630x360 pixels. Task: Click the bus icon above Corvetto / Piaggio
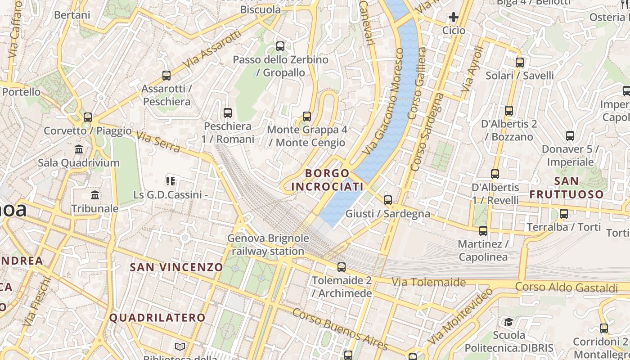(88, 117)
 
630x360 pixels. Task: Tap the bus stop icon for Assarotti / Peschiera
(166, 76)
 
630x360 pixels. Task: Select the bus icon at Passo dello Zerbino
(280, 46)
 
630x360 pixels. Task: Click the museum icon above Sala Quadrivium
(79, 149)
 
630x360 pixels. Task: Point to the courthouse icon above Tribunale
(95, 195)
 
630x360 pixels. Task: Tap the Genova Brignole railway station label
(268, 245)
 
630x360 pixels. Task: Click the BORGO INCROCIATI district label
(327, 180)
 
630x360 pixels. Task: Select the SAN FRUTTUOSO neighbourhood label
(566, 188)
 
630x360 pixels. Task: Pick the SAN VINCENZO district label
(176, 267)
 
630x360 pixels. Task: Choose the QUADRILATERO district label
(157, 318)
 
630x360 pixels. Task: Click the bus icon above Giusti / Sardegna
(388, 200)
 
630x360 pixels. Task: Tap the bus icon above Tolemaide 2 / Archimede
(342, 267)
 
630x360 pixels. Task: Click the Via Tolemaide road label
(428, 282)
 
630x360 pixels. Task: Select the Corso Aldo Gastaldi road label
(566, 287)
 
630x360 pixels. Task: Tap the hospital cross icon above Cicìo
(453, 18)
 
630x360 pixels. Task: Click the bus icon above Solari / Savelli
(520, 63)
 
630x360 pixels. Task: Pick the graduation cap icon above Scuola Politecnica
(509, 322)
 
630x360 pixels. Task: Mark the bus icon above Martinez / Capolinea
(483, 231)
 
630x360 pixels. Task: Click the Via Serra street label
(158, 142)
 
